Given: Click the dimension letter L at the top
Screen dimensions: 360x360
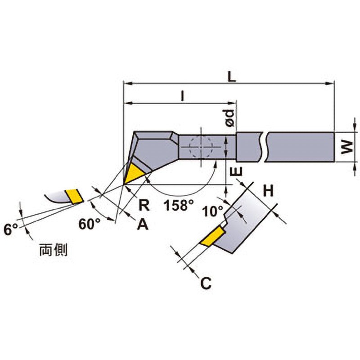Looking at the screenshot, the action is [x=232, y=77].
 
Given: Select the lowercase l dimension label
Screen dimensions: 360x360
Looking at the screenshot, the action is [x=183, y=96].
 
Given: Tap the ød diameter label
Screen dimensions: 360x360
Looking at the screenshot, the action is [x=229, y=118].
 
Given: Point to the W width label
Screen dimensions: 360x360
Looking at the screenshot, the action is [x=347, y=147].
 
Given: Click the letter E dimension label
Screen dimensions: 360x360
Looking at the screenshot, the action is [x=237, y=171].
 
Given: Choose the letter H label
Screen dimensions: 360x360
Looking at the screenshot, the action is [x=268, y=191].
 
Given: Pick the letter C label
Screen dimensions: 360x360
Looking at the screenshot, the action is [x=206, y=283].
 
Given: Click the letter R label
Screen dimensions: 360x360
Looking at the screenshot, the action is [x=144, y=205].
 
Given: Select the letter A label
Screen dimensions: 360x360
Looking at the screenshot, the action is [x=143, y=224].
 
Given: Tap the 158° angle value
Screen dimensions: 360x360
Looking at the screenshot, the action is [x=179, y=205].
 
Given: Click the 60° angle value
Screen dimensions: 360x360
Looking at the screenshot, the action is [x=90, y=224].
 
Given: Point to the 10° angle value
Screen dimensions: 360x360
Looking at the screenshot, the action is [x=213, y=211].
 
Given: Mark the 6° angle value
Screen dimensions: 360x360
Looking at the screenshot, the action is [x=11, y=229].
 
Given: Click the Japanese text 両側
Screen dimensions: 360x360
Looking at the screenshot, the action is [x=53, y=250].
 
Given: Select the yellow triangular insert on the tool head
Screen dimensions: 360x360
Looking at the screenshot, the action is [x=134, y=173].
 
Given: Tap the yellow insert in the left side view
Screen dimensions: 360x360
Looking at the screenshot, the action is [x=74, y=196].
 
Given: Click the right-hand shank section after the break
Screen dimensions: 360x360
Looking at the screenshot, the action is [x=300, y=147].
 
